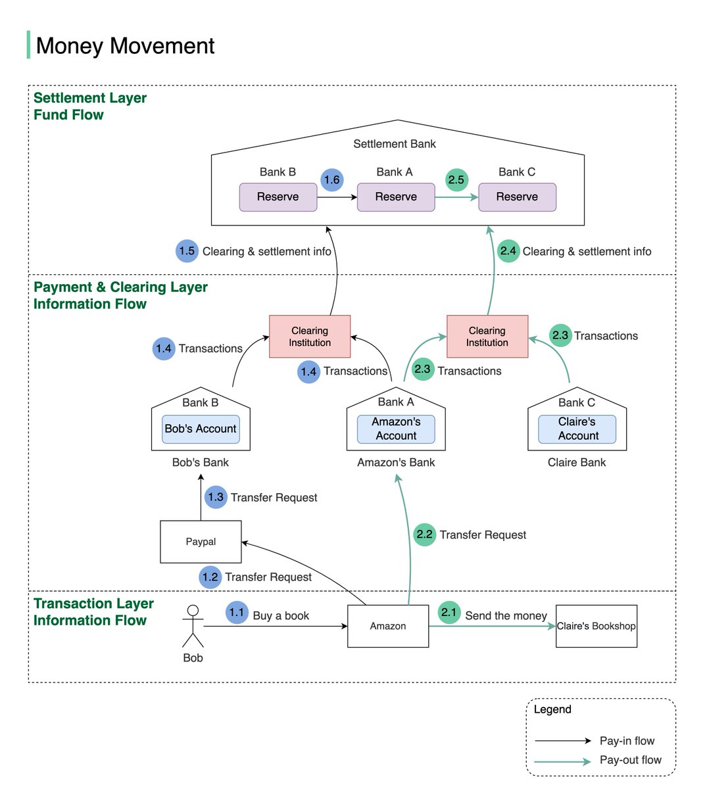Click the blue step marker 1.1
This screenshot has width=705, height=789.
click(x=237, y=613)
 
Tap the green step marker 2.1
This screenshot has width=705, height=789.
click(x=449, y=613)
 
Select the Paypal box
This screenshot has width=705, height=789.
click(x=201, y=542)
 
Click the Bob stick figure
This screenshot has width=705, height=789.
click(x=193, y=627)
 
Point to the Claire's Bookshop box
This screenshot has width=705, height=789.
click(x=596, y=626)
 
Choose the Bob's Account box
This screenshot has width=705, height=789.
click(x=201, y=429)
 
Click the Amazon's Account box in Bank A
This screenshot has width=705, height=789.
click(x=396, y=429)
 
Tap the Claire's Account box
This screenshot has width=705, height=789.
click(x=577, y=429)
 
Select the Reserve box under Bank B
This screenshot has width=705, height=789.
click(x=278, y=197)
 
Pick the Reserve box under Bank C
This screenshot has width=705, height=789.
click(x=517, y=197)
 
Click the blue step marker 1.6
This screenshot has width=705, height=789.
click(x=332, y=179)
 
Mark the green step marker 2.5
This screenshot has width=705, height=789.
click(x=456, y=179)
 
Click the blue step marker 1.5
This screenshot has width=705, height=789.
click(x=187, y=251)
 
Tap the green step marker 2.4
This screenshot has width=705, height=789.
click(x=508, y=251)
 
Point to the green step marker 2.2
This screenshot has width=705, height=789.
click(x=425, y=535)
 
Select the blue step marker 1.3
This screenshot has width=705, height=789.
click(x=216, y=497)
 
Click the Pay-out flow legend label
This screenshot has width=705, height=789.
click(x=630, y=760)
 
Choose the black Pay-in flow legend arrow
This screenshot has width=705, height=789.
click(x=563, y=741)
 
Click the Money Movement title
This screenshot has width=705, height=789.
click(x=125, y=46)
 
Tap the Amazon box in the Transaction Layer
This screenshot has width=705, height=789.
click(x=388, y=626)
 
